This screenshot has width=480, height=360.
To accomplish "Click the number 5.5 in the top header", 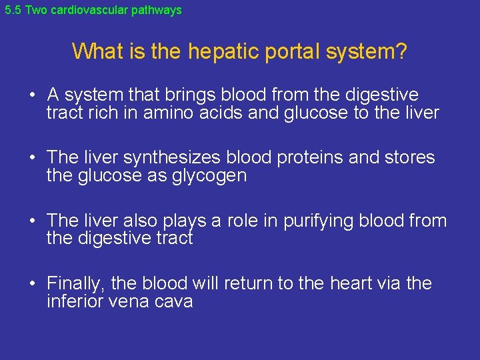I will click(13, 10).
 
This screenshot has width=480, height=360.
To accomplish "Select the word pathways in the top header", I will click(158, 10).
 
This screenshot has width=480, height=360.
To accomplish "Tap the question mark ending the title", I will click(401, 51).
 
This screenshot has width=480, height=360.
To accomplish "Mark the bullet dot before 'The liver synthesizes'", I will click(33, 158).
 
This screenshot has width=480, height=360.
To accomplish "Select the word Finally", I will click(75, 283).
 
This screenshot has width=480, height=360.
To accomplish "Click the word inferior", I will click(74, 301).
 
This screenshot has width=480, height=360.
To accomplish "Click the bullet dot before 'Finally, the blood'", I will click(33, 284).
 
